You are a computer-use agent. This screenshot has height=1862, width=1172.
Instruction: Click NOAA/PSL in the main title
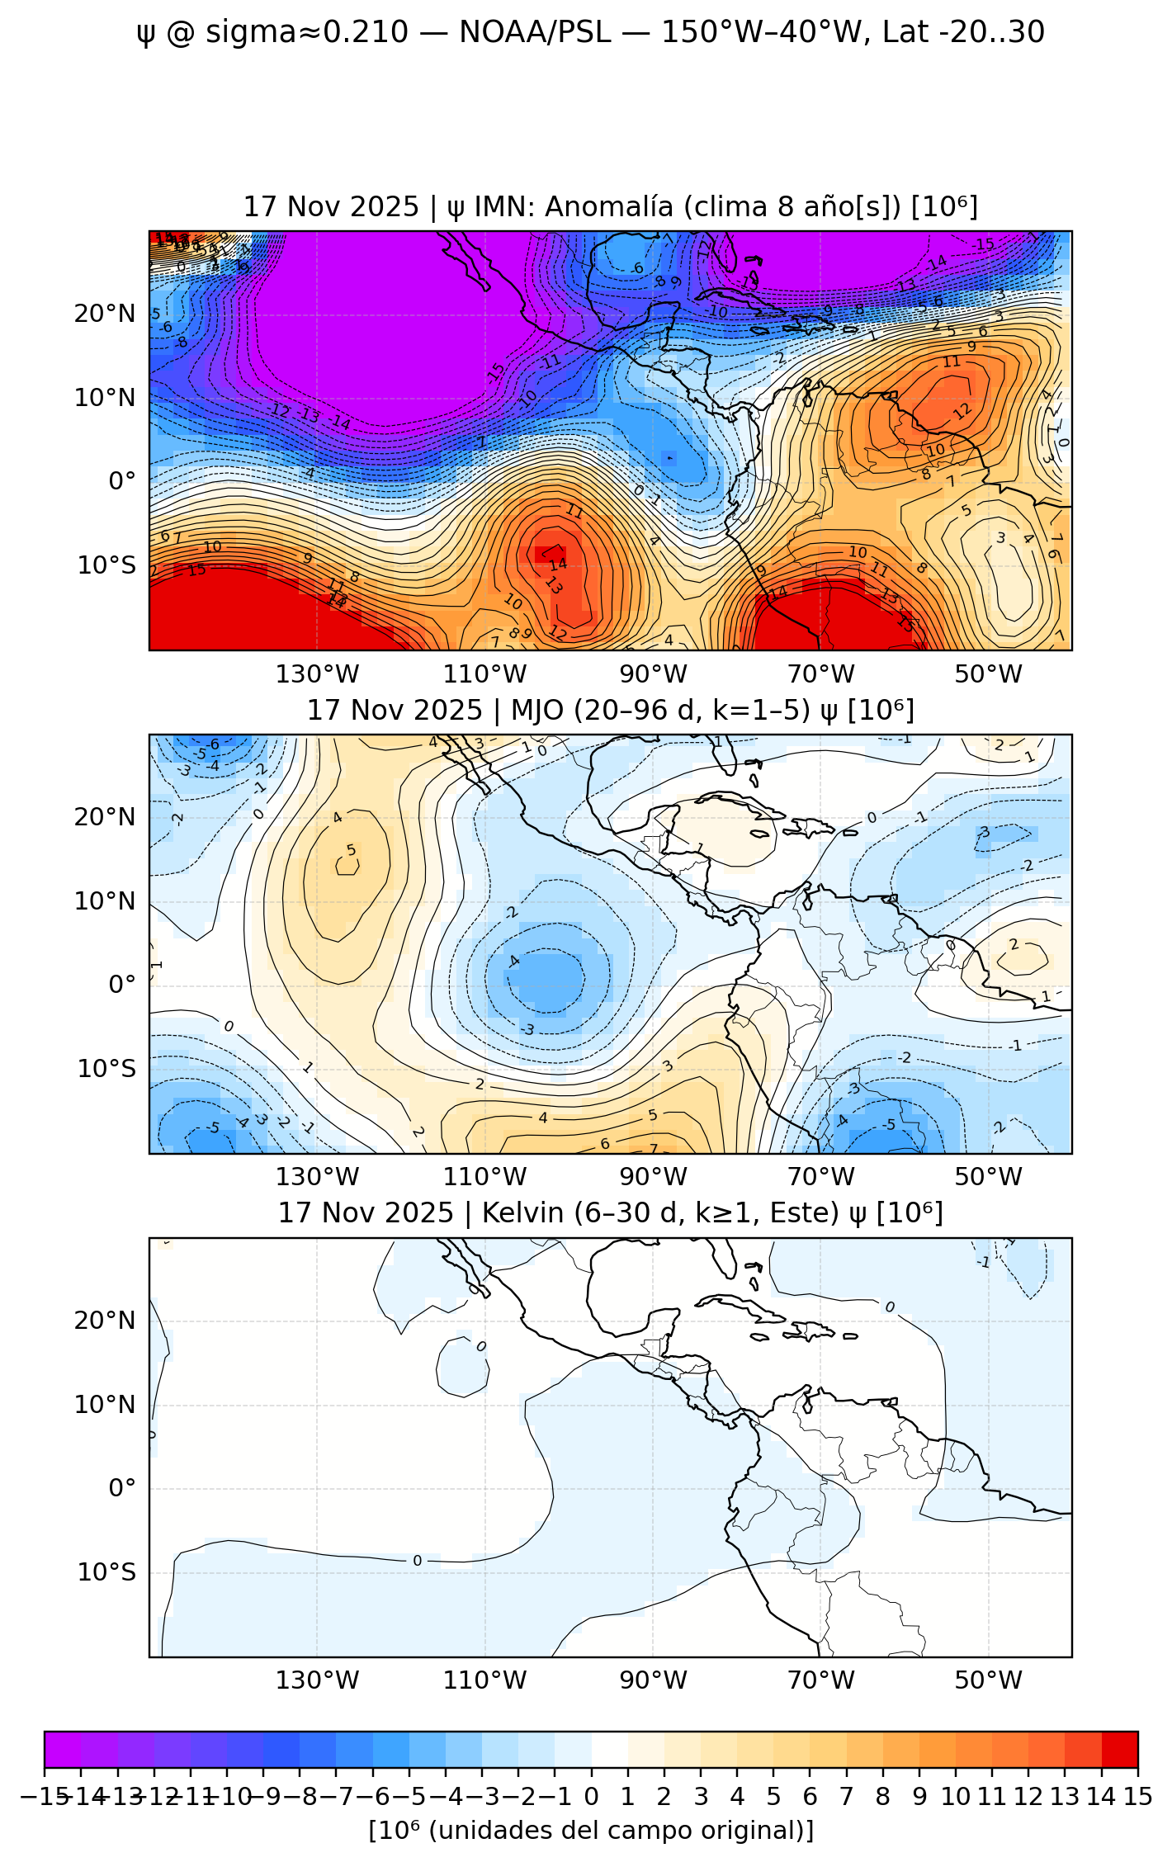click(535, 33)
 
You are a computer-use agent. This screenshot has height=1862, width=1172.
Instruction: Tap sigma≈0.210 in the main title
click(306, 33)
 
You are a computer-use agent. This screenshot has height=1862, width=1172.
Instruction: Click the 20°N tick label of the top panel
click(105, 314)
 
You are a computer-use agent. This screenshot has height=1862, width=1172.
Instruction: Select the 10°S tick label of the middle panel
click(106, 1069)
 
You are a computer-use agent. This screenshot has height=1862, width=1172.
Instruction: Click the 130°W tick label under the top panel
click(317, 674)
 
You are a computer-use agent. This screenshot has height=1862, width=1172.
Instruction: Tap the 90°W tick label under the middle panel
click(653, 1177)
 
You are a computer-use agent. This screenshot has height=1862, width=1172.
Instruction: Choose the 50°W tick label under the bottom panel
click(988, 1680)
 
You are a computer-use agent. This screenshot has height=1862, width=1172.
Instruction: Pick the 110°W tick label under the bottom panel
click(484, 1680)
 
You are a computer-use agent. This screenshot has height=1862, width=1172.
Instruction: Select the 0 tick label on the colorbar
click(591, 1797)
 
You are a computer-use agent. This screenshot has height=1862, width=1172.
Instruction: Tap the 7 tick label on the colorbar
click(846, 1797)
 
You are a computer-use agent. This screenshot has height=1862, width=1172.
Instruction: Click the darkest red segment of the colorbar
click(1119, 1749)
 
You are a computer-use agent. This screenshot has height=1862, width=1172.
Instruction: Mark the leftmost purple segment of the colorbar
click(63, 1749)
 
